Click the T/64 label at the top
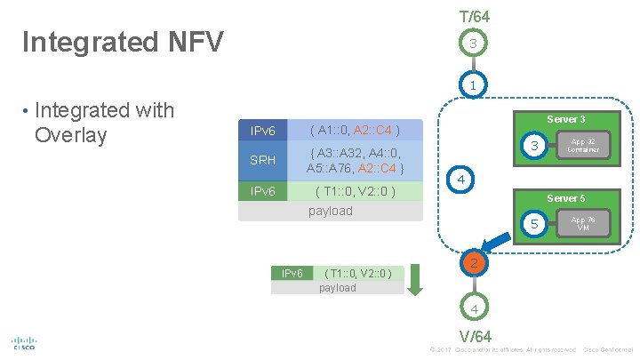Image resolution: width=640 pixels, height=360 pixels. tap(474, 17)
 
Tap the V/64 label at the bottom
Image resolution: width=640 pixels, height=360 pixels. tap(475, 336)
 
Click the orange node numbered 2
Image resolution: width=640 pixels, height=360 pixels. tap(475, 263)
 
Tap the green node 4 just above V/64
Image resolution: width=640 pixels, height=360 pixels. tap(475, 308)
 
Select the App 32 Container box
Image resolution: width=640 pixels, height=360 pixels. tap(583, 146)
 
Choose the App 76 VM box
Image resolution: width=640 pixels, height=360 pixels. tap(583, 223)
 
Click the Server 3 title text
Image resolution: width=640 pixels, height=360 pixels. tap(565, 119)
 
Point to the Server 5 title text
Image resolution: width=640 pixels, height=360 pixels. tap(565, 197)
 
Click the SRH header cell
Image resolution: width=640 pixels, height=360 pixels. tap(262, 160)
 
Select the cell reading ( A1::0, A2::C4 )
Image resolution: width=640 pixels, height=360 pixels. tap(354, 132)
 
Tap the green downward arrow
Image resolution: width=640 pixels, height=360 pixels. tap(422, 280)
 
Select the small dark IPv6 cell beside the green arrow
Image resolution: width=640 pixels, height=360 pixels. tap(292, 274)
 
